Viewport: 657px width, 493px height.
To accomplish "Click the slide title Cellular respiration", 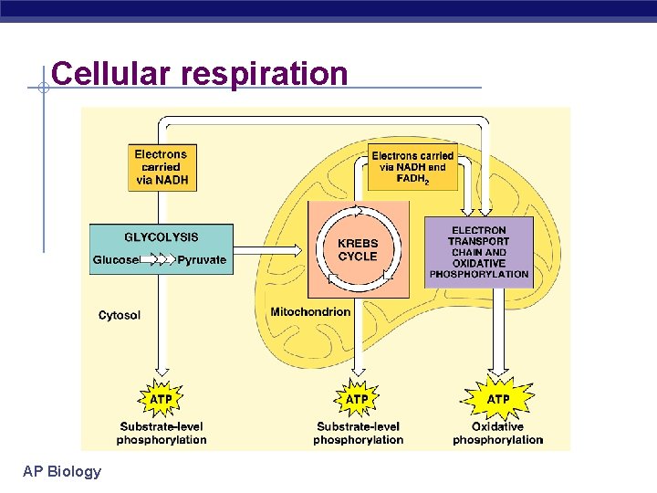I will [x=200, y=73].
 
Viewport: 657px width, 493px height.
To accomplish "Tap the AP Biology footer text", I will [x=62, y=471].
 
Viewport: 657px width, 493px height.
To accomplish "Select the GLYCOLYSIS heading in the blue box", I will [x=162, y=237].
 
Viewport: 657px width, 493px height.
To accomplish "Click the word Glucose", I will [x=116, y=260].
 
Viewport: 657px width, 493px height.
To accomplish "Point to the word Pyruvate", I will [x=202, y=260].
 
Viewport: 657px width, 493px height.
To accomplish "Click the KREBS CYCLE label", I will [x=358, y=250].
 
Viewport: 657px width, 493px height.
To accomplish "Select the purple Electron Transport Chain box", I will [x=479, y=252].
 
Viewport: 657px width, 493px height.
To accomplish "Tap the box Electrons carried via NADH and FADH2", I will [x=412, y=167].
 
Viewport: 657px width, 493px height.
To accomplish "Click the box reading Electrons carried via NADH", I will [x=162, y=167].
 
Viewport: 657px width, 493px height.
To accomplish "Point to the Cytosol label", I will [x=120, y=316].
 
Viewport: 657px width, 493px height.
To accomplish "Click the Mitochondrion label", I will [x=310, y=312].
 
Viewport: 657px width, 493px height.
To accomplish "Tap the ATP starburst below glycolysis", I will [x=162, y=399].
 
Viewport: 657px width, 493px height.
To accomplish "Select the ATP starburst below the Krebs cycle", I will [x=358, y=399].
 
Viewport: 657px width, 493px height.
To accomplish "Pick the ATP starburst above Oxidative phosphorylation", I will [x=498, y=399].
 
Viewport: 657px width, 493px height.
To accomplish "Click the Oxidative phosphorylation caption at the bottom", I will [x=498, y=433].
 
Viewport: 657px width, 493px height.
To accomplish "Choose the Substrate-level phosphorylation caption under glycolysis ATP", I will [x=162, y=433].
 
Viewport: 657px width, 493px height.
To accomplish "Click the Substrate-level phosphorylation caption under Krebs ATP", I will [x=358, y=433].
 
